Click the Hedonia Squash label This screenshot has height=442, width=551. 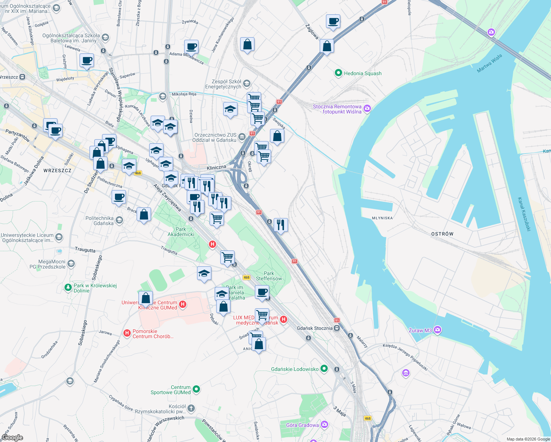pos(362,73)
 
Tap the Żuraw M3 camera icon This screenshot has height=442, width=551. pos(437,330)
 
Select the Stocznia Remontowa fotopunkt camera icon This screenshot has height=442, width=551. pos(367,108)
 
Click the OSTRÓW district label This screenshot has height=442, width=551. pos(442,234)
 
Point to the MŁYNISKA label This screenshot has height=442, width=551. pos(382,218)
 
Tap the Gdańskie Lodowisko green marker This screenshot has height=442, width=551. pos(324,368)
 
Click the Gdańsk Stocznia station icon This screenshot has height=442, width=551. pos(337,328)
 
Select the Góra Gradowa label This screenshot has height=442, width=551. pos(302,425)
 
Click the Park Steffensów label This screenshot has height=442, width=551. pos(269,276)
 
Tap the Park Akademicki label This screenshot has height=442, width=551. pos(181,232)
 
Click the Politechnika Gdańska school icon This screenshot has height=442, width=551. pos(119,220)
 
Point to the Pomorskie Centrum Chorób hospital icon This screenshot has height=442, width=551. pos(127,333)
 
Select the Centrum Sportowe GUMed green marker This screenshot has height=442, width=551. pos(196,389)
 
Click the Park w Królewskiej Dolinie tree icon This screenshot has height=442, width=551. pos(68,287)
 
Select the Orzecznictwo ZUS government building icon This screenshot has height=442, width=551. pos(242,137)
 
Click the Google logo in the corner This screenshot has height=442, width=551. pos(12,438)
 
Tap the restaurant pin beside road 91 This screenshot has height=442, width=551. pos(281,224)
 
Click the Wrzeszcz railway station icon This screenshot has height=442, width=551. pos(22,77)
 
